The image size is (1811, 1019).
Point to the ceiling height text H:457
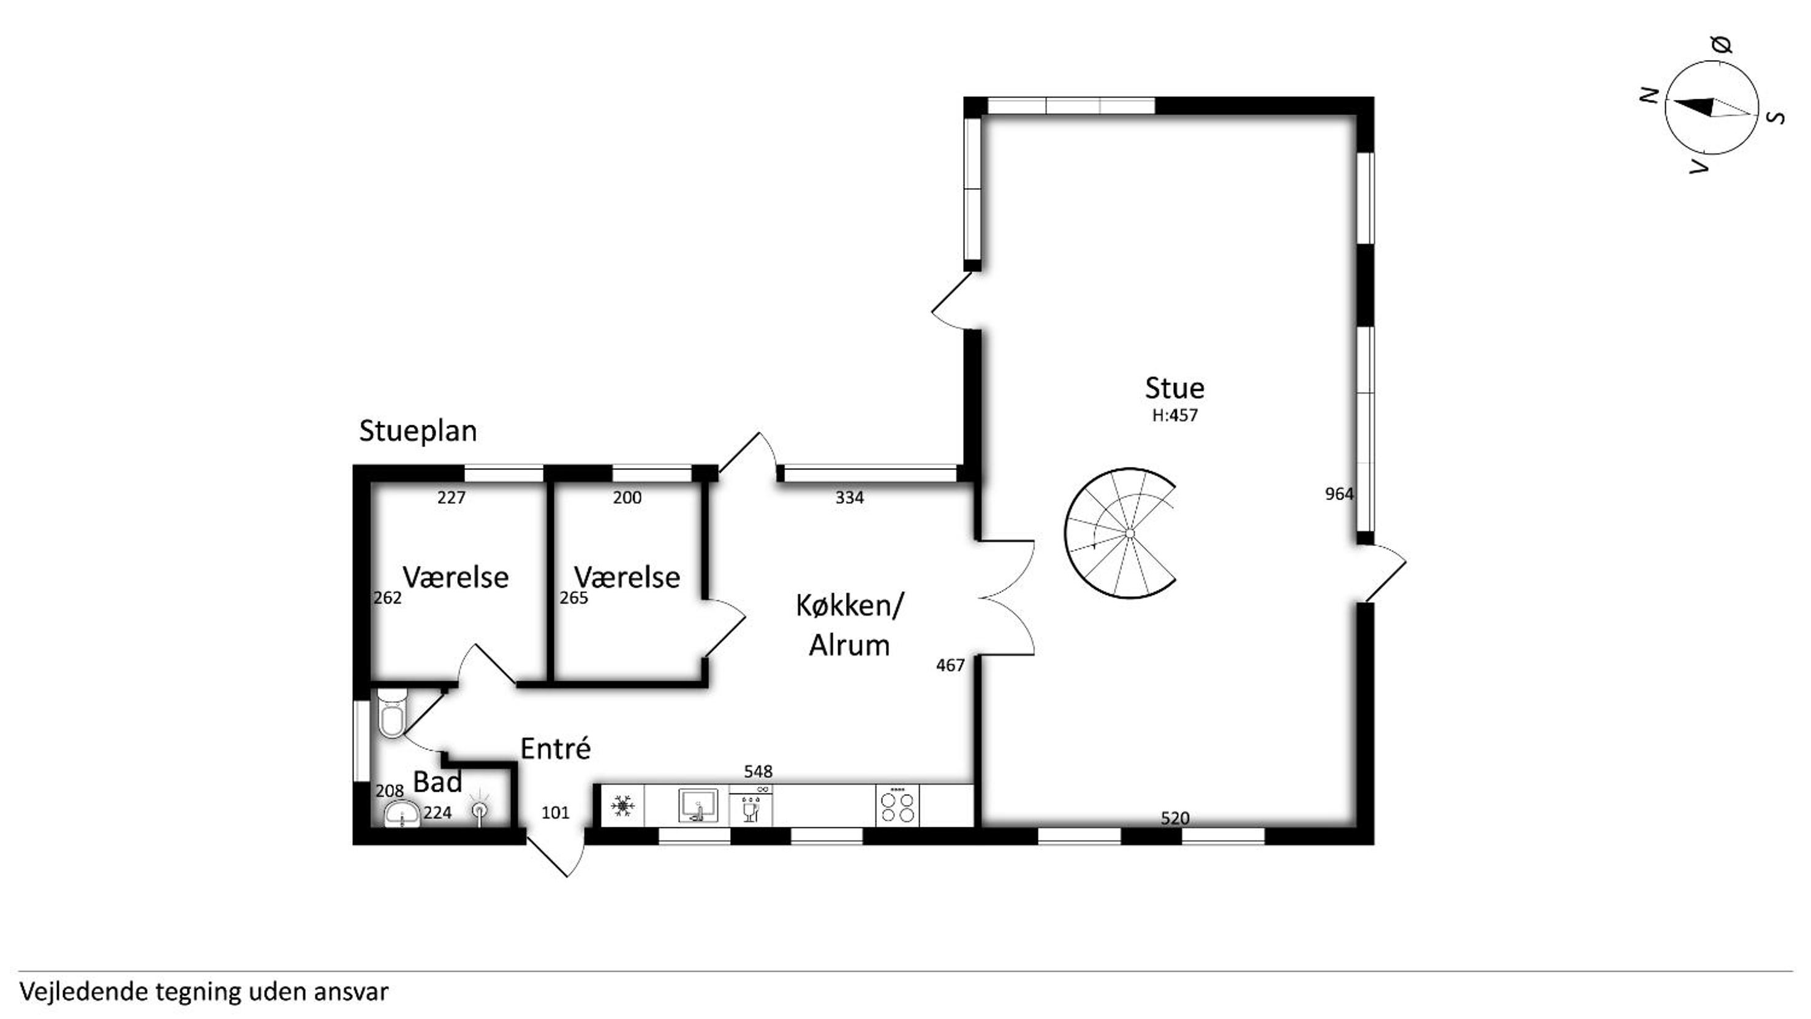(x=1174, y=415)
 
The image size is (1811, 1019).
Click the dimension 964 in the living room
(x=1339, y=494)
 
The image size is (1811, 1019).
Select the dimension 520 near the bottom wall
(x=1174, y=818)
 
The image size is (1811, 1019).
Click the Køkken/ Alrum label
(x=849, y=624)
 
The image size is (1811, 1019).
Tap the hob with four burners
(x=898, y=805)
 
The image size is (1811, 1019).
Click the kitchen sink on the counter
(x=698, y=805)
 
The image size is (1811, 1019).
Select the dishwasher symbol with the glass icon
(x=750, y=806)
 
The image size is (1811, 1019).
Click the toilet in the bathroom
(x=391, y=713)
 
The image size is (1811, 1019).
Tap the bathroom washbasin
(x=402, y=814)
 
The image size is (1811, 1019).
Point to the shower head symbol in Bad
(x=480, y=809)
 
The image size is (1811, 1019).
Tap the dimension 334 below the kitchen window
(x=849, y=498)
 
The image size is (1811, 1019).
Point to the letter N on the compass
(x=1649, y=96)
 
